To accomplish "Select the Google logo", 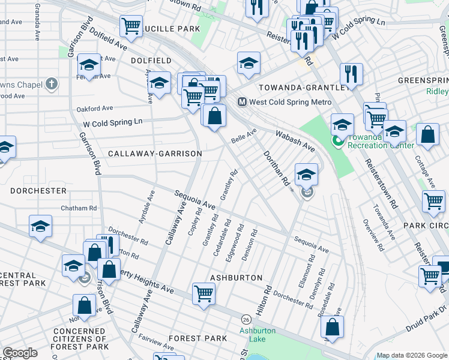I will point(20,353).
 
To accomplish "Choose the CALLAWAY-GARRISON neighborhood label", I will point(155,154).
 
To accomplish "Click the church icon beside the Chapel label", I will point(52,84).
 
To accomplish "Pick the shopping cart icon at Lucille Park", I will point(131,26).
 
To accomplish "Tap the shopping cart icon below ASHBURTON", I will point(203,294).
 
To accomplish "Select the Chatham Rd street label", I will point(79,208).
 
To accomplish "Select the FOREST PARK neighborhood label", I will point(197,338).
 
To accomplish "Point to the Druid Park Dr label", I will point(427,316).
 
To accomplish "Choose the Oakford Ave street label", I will point(95,109).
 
